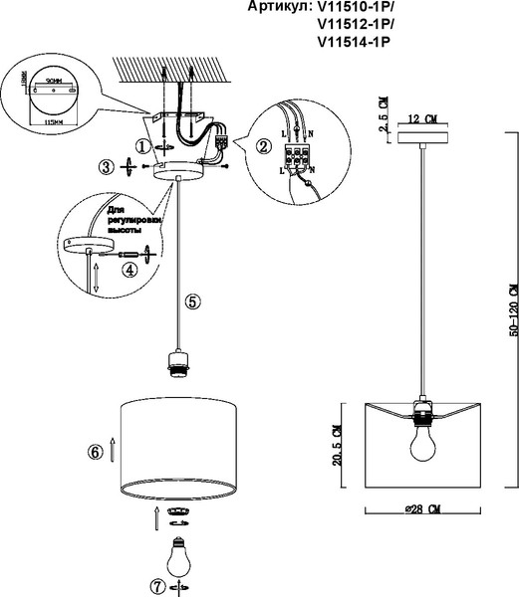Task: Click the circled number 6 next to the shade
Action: pyautogui.click(x=96, y=452)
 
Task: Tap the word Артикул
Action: pyautogui.click(x=276, y=6)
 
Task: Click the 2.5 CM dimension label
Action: pyautogui.click(x=384, y=106)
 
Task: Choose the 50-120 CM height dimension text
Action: pyautogui.click(x=511, y=311)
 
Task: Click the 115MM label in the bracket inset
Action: pyautogui.click(x=42, y=114)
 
